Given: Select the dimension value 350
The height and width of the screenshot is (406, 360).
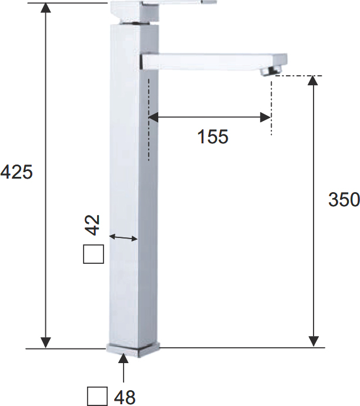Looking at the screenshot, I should pyautogui.click(x=344, y=200).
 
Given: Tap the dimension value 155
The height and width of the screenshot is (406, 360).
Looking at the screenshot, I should pyautogui.click(x=212, y=137).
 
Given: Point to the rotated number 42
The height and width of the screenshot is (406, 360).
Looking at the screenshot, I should pyautogui.click(x=94, y=224).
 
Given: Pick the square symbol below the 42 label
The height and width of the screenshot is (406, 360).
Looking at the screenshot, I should pyautogui.click(x=94, y=254).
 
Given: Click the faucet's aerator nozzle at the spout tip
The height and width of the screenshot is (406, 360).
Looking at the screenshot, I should pyautogui.click(x=271, y=71).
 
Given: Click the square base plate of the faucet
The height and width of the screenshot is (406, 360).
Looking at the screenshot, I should pyautogui.click(x=133, y=348).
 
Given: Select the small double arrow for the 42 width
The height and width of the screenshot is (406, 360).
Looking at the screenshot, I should pyautogui.click(x=124, y=237).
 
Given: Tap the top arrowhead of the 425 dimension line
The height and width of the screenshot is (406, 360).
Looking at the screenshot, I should pyautogui.click(x=46, y=8).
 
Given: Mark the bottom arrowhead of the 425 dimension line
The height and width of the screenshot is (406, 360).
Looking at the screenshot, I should pyautogui.click(x=46, y=342).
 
